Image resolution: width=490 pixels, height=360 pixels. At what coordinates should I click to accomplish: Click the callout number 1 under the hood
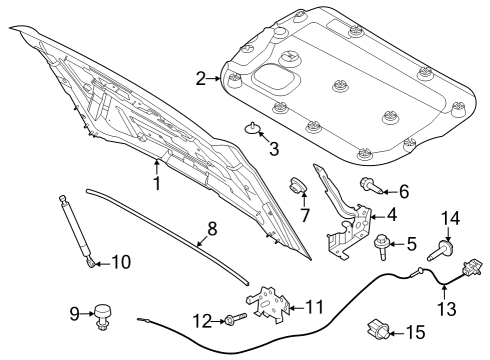point(156,184)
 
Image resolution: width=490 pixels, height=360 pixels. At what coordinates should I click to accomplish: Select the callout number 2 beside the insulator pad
point(201,78)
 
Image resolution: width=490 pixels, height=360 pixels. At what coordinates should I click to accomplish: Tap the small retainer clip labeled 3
point(254,127)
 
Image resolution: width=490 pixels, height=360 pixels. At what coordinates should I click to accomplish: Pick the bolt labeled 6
point(367,185)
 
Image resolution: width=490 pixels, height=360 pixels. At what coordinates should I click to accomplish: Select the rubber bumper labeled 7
point(297,185)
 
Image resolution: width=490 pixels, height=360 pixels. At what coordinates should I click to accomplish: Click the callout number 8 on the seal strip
point(210,230)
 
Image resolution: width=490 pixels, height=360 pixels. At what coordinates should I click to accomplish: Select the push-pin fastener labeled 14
point(441,250)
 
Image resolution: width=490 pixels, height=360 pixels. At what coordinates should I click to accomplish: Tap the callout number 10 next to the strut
point(119,263)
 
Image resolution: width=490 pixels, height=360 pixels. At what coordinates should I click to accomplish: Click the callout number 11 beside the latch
point(313,306)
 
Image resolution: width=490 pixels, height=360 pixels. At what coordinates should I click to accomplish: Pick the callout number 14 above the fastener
point(451,217)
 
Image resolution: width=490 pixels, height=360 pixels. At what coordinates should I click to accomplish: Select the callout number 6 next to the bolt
point(403,190)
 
